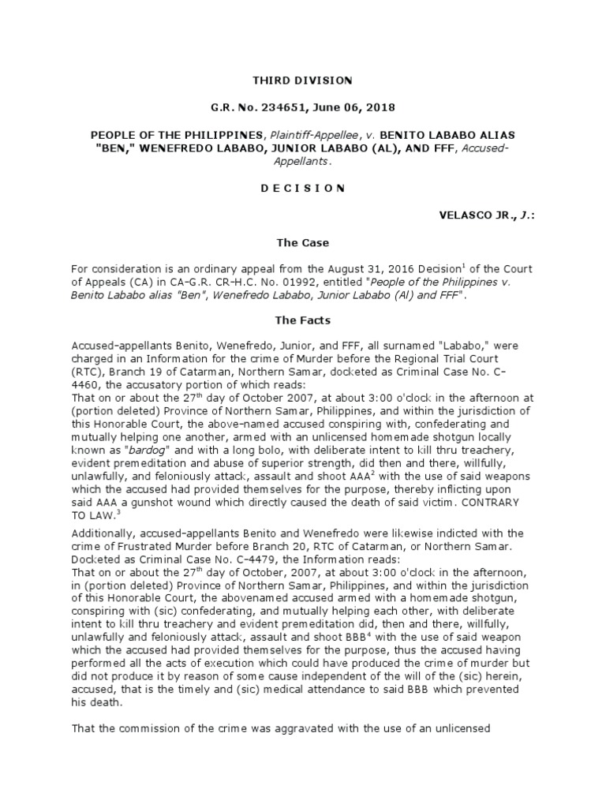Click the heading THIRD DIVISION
tap(302, 80)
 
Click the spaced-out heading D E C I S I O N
tap(302, 188)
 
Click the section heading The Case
tap(302, 243)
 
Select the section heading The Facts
tap(302, 320)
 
